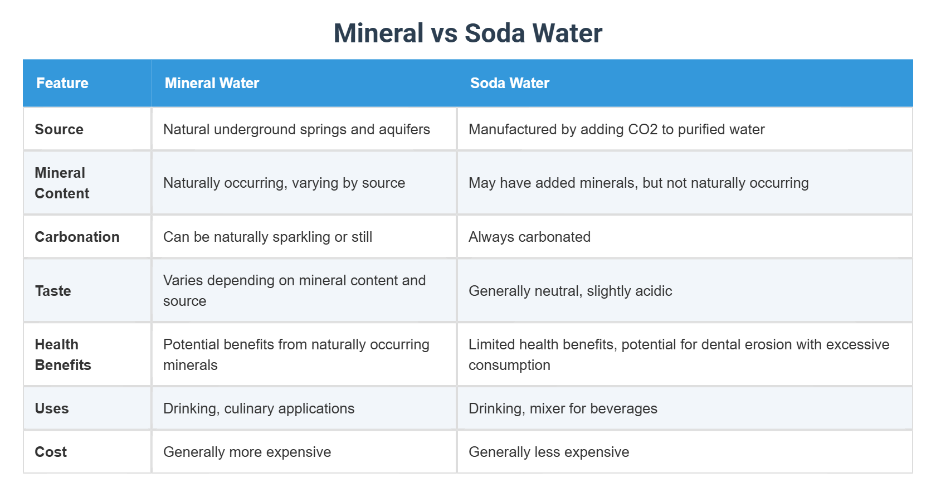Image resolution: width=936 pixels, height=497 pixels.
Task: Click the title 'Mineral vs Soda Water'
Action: (x=467, y=33)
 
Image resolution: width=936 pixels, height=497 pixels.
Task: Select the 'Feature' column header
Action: (x=62, y=83)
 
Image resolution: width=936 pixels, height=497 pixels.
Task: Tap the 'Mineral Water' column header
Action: (x=212, y=83)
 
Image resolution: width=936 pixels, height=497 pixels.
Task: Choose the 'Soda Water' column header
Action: (x=509, y=83)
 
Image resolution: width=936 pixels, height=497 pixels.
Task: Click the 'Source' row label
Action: (x=59, y=129)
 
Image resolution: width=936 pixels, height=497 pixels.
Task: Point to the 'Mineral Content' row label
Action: (x=62, y=183)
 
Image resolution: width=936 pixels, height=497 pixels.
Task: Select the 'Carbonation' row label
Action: (x=77, y=237)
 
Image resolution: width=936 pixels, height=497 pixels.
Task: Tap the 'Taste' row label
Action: (x=53, y=291)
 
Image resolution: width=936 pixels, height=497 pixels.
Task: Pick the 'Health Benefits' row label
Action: (x=63, y=354)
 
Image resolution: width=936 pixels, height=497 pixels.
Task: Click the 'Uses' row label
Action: (x=52, y=408)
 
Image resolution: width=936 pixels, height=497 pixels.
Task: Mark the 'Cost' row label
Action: (x=51, y=452)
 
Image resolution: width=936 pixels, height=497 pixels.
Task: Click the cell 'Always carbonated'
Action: (x=529, y=237)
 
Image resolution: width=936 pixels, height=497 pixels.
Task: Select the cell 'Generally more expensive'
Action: (x=247, y=452)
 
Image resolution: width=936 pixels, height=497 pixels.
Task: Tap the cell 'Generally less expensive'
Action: (x=549, y=452)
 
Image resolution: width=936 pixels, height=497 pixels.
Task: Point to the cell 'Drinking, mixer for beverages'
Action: (x=563, y=408)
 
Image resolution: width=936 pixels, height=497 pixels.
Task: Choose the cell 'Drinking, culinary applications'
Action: (x=259, y=408)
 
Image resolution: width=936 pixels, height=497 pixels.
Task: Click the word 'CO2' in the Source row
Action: (x=642, y=129)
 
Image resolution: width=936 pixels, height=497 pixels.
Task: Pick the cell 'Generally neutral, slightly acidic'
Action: (x=570, y=291)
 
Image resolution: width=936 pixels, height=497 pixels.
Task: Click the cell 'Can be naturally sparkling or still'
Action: (x=267, y=237)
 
